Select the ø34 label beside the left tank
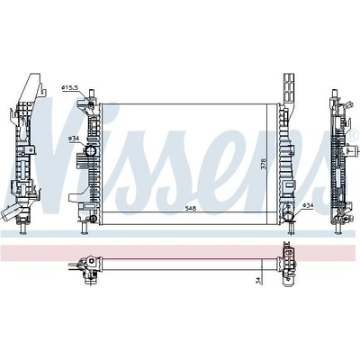pyautogui.click(x=73, y=139)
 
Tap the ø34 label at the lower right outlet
pyautogui.click(x=308, y=205)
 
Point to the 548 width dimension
pyautogui.click(x=190, y=209)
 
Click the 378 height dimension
pyautogui.click(x=264, y=164)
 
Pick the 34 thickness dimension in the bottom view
pyautogui.click(x=257, y=281)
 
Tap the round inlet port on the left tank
pyautogui.click(x=90, y=150)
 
